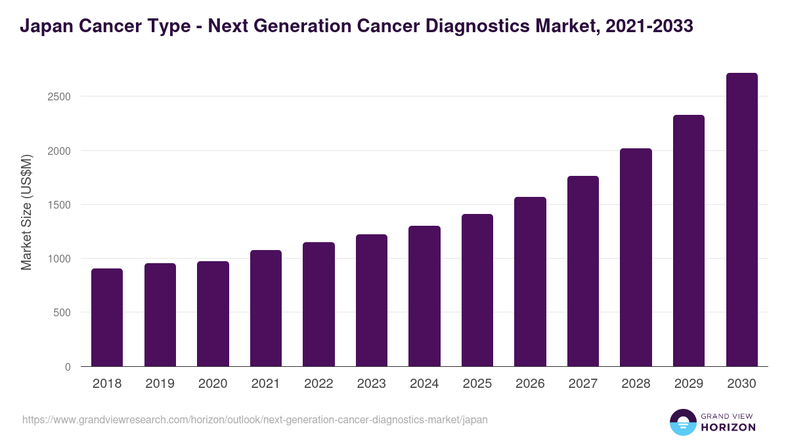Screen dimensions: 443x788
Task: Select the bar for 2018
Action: pyautogui.click(x=107, y=318)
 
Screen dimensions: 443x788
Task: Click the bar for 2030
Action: pyautogui.click(x=741, y=220)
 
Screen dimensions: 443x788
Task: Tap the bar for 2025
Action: pyautogui.click(x=477, y=290)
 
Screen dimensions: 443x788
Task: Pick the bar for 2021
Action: pyautogui.click(x=266, y=308)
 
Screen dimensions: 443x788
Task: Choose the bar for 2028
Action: pyautogui.click(x=636, y=257)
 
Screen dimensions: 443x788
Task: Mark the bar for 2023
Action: pyautogui.click(x=372, y=301)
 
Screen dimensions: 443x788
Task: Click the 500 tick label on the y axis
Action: pyautogui.click(x=62, y=312)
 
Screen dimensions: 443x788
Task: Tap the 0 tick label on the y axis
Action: pyautogui.click(x=67, y=367)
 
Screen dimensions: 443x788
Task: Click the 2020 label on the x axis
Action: pyautogui.click(x=213, y=384)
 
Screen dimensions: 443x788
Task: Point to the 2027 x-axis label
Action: pyautogui.click(x=582, y=384)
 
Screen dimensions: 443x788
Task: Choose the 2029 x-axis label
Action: pyautogui.click(x=688, y=384)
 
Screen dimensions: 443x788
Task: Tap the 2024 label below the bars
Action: pyautogui.click(x=424, y=384)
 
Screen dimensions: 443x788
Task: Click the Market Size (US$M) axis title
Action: pyautogui.click(x=26, y=212)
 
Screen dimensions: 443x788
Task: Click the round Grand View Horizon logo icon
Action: pyautogui.click(x=682, y=422)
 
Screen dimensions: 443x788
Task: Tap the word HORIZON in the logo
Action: pyautogui.click(x=728, y=427)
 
